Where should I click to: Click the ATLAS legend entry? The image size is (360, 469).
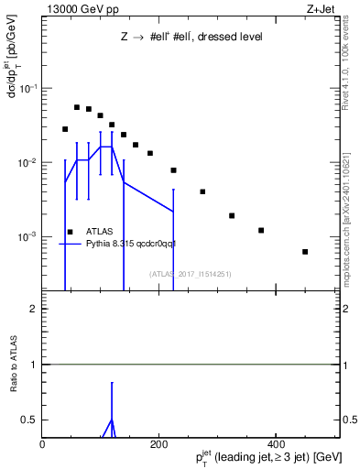click(99, 232)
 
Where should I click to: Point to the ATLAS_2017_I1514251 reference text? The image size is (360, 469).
click(191, 274)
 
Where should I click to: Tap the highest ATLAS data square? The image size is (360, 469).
click(77, 107)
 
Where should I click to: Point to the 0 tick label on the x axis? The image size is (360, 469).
click(42, 443)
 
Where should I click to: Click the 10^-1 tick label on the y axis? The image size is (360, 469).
click(28, 88)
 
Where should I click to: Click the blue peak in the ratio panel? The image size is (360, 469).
click(111, 420)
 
